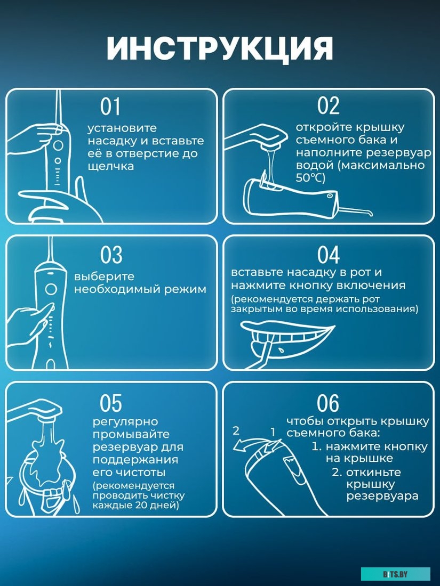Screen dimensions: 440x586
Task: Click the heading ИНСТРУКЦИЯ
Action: click(220, 48)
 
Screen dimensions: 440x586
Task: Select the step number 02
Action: click(328, 105)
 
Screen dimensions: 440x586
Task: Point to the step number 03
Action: click(111, 255)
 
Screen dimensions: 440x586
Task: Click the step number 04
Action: click(328, 255)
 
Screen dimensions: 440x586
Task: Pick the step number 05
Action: click(111, 403)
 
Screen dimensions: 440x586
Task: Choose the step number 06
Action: click(328, 403)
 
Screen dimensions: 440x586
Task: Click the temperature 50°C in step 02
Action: click(310, 178)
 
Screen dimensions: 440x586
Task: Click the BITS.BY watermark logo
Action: click(396, 574)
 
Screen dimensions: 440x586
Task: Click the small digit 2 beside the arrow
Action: click(236, 431)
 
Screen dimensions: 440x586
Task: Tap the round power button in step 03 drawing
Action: click(51, 289)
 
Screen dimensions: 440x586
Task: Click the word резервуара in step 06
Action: click(382, 497)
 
